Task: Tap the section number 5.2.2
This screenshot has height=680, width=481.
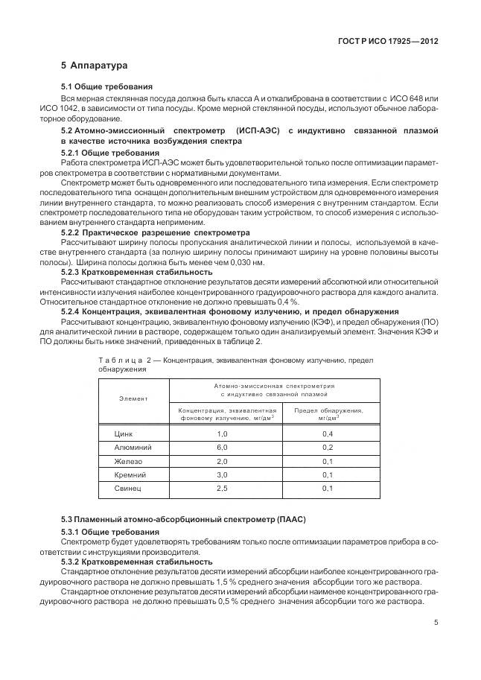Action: click(x=72, y=232)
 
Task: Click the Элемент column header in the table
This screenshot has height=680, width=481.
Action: click(x=133, y=398)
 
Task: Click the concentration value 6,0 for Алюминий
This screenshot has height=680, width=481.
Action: click(x=222, y=447)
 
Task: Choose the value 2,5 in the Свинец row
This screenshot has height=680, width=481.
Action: click(x=222, y=489)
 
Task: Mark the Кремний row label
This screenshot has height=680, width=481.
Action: click(x=129, y=474)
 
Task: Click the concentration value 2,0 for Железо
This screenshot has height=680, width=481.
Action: click(x=222, y=461)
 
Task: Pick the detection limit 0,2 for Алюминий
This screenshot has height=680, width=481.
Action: click(x=328, y=447)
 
